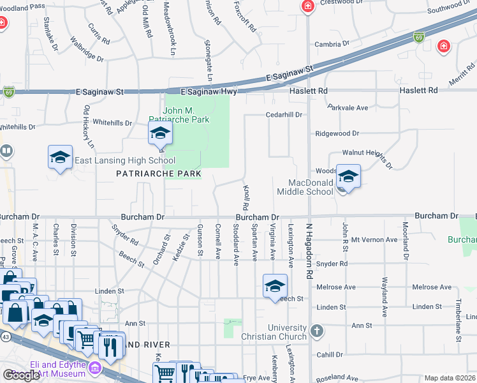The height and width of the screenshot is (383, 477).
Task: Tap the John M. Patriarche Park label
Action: [179, 114]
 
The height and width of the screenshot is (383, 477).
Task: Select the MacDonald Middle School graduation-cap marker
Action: [348, 176]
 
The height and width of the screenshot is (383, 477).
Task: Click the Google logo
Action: [21, 375]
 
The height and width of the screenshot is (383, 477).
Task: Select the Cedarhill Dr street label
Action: [284, 114]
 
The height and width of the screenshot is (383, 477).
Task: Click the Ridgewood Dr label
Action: [337, 134]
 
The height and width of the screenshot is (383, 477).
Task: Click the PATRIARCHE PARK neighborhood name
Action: [159, 174]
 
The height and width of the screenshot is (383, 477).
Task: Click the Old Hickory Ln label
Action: [88, 127]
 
